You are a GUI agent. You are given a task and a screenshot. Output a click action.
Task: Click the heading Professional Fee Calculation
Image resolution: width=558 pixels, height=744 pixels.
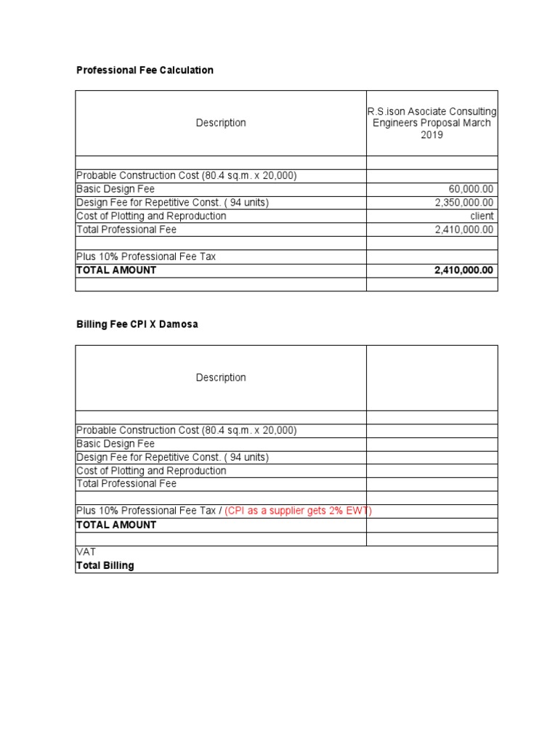[x=145, y=70]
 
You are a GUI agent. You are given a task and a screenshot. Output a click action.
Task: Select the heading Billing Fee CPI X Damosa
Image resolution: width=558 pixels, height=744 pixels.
[x=137, y=325]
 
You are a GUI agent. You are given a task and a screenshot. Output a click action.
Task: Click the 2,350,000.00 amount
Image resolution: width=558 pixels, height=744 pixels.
[x=464, y=203]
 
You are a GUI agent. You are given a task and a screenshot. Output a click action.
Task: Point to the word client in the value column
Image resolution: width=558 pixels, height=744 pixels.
[x=482, y=216]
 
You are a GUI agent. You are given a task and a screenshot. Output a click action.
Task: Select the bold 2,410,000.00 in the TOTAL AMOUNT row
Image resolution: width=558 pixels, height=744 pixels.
[x=464, y=270]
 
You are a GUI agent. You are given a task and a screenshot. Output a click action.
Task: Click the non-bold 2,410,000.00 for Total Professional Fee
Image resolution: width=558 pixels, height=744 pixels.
[x=464, y=230]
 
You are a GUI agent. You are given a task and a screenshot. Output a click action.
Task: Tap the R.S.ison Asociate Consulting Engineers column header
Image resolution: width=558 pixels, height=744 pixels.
[x=432, y=123]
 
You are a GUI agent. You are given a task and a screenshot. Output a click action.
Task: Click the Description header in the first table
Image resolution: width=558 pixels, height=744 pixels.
[x=221, y=123]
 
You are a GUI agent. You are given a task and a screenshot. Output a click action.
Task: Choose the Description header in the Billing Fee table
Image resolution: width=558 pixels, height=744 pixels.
[x=221, y=378]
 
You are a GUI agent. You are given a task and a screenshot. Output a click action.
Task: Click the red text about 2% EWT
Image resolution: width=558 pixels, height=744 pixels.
[x=298, y=511]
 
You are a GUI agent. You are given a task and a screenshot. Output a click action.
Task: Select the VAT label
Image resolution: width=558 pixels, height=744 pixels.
[x=86, y=552]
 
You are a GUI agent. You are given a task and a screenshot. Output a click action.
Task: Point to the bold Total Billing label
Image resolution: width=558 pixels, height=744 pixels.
[x=105, y=565]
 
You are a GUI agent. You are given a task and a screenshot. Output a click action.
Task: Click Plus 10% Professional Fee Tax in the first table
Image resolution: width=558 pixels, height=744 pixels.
[x=146, y=256]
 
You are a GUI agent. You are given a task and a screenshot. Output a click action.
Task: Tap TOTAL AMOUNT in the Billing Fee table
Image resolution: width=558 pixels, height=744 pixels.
[x=116, y=525]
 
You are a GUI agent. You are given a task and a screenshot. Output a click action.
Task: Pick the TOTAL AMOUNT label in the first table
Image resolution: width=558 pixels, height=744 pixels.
[x=116, y=270]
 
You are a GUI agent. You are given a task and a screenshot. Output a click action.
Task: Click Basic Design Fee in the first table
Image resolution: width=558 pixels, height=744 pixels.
[x=116, y=190]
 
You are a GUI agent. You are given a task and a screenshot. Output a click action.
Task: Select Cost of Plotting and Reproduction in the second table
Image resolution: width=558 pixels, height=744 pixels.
[x=151, y=471]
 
